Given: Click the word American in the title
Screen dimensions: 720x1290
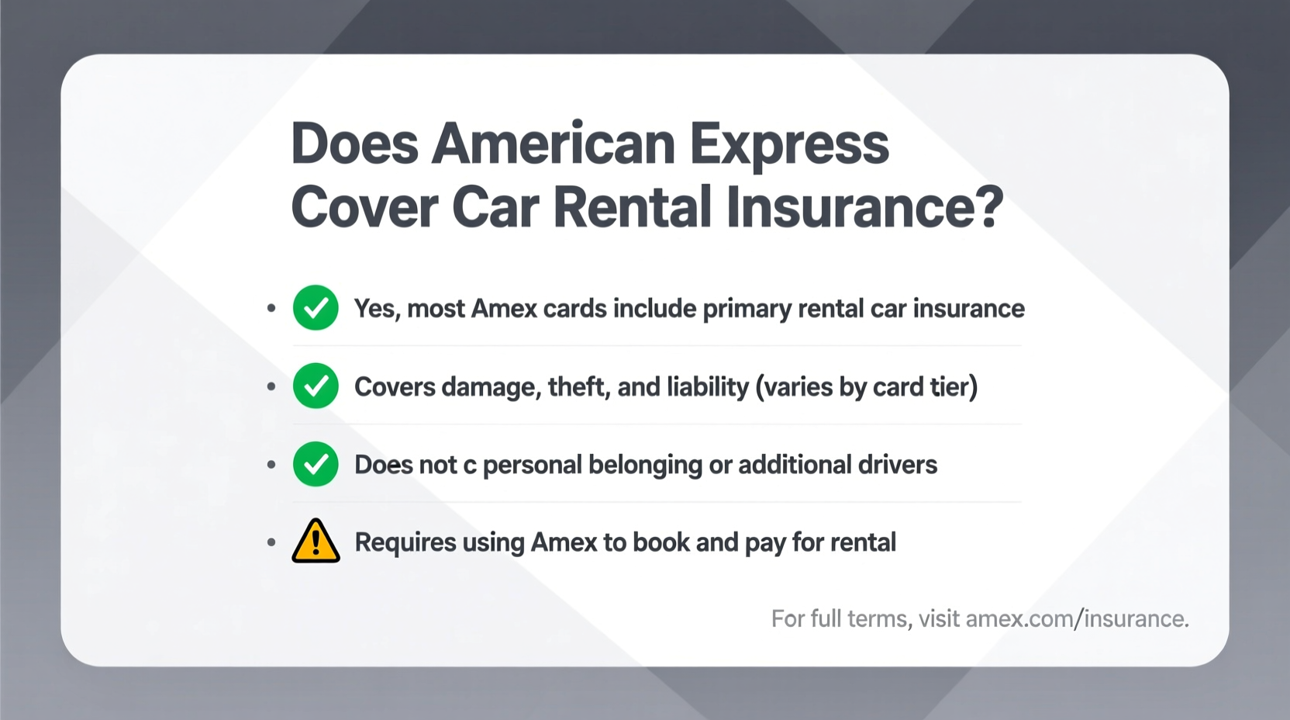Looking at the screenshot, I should (554, 144).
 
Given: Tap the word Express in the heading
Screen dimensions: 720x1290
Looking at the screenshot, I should (789, 144).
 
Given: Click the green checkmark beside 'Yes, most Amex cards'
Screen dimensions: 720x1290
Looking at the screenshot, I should (316, 308).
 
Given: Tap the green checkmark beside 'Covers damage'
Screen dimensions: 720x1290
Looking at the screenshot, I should (316, 386).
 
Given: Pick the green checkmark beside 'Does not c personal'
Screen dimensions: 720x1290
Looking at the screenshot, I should (316, 464).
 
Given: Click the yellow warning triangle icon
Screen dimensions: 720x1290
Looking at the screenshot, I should (316, 541).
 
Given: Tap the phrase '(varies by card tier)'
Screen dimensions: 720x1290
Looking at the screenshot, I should (867, 386).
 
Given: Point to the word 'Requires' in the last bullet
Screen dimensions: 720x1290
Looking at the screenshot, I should (405, 542).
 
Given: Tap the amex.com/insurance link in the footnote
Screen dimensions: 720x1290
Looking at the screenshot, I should (1077, 618).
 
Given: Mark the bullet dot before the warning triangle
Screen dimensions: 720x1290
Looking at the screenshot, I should (271, 542).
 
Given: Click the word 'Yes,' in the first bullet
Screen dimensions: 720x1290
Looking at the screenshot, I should (377, 309).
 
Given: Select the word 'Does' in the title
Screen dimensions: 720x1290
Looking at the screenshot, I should (355, 144).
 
